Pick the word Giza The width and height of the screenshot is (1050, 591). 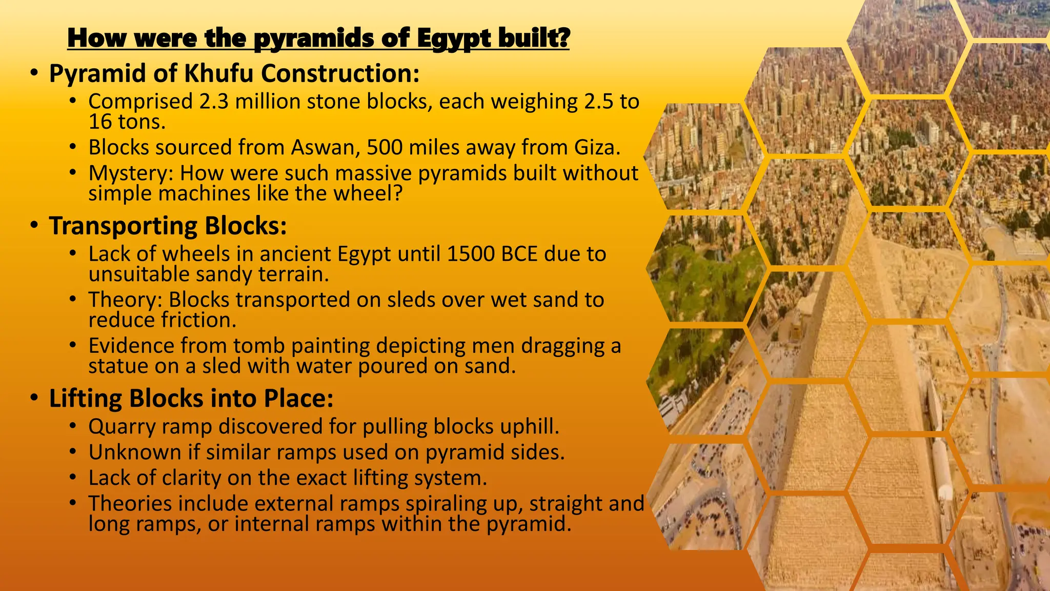(597, 148)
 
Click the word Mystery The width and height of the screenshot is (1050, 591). (131, 173)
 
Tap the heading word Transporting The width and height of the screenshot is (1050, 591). (123, 226)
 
